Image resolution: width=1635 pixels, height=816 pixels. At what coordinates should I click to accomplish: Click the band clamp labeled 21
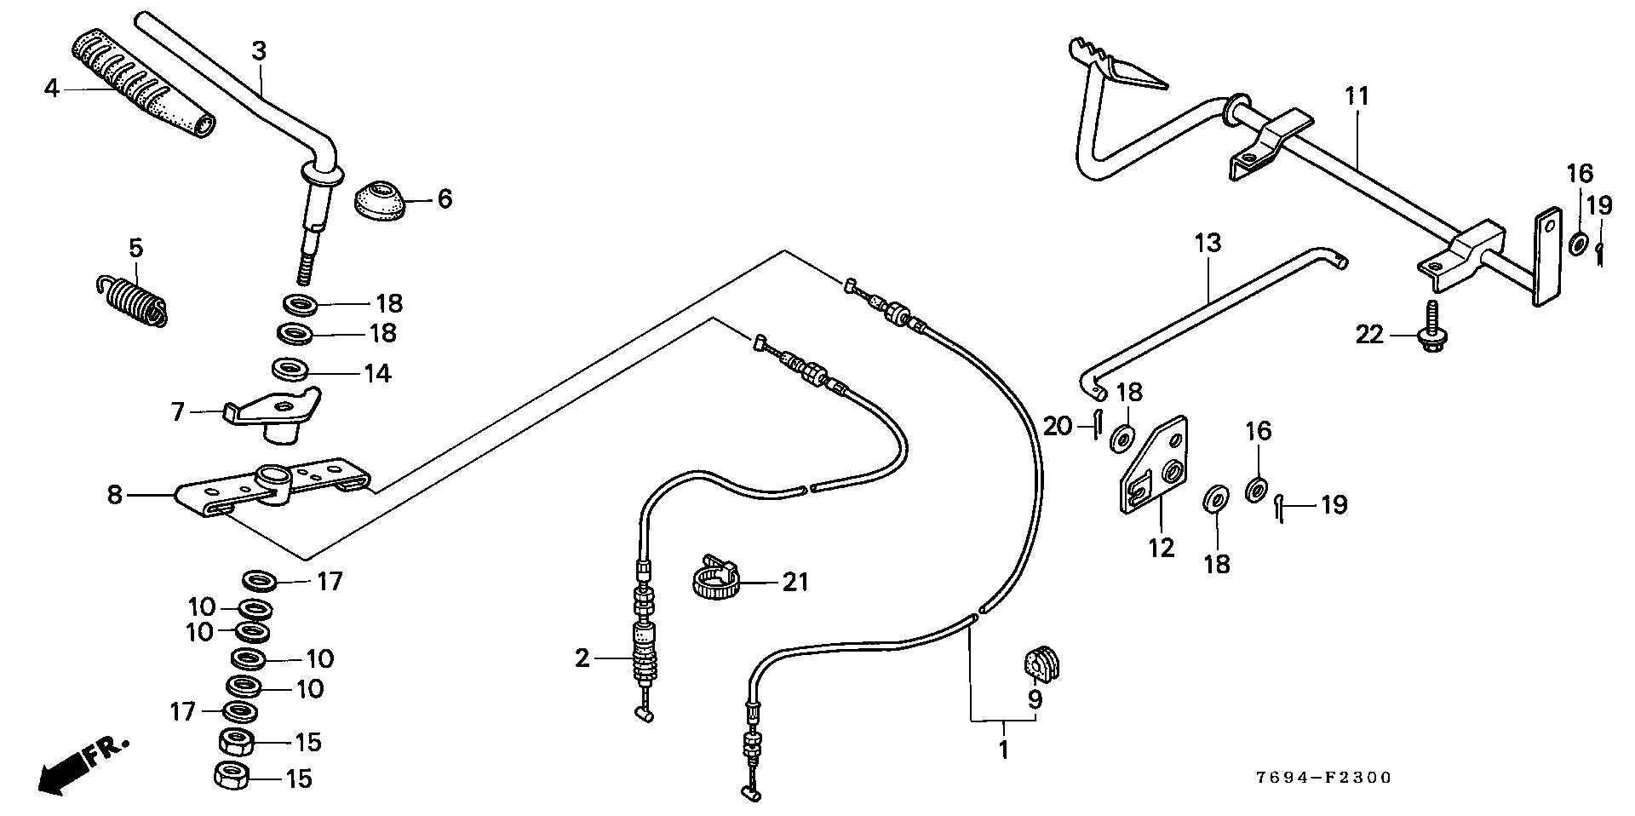(x=713, y=578)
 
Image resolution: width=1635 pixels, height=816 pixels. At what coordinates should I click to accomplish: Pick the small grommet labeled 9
(x=1041, y=666)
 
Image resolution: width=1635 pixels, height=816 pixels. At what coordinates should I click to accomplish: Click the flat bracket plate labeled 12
(x=1152, y=466)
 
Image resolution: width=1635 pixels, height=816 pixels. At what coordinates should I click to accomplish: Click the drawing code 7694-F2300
(x=1322, y=778)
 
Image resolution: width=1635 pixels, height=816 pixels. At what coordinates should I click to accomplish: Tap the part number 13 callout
(x=1208, y=244)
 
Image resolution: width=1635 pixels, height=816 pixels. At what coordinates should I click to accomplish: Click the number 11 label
(x=1357, y=96)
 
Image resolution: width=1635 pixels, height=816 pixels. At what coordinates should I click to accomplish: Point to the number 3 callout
(x=259, y=51)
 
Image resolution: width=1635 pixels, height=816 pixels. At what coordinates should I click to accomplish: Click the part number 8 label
(x=115, y=495)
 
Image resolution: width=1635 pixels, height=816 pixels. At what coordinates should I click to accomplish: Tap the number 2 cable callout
(x=582, y=658)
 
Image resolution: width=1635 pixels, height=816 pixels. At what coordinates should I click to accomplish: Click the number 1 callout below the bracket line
(x=1002, y=750)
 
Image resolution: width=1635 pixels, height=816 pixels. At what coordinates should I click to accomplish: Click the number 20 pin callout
(x=1058, y=426)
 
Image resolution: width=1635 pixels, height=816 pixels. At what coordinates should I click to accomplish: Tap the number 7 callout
(x=178, y=413)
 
